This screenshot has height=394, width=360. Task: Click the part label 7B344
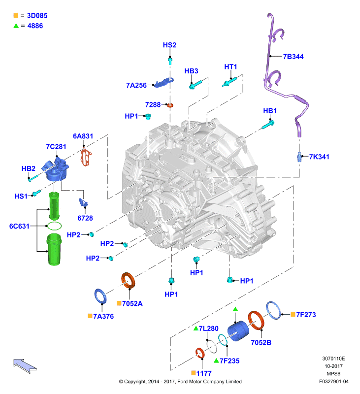tap(293, 57)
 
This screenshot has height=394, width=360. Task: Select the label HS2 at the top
tap(169, 45)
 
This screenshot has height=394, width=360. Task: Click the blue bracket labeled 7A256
tap(164, 82)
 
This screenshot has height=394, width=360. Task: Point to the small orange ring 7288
tap(170, 105)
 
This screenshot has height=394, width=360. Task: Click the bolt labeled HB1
tap(268, 125)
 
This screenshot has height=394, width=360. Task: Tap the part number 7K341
tap(319, 157)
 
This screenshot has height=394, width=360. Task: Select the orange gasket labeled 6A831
tap(86, 157)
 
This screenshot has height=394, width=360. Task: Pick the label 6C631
tap(19, 226)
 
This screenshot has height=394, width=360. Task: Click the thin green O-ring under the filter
tap(54, 226)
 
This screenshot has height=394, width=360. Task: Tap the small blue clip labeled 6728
tap(83, 202)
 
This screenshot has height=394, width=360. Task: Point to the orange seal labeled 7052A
tap(128, 280)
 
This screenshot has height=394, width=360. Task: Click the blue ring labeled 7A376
tap(100, 296)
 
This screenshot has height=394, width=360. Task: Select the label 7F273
tap(306, 315)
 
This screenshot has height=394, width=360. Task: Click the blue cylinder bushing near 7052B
tap(238, 330)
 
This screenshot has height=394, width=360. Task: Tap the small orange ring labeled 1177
tap(200, 353)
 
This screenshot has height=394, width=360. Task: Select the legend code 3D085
tap(37, 16)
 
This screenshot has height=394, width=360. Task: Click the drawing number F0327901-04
tap(334, 381)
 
